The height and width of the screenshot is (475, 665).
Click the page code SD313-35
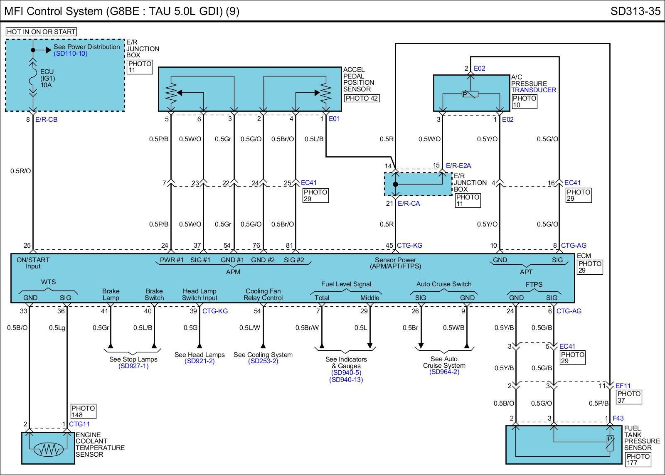635,11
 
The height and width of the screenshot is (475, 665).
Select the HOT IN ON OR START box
41,32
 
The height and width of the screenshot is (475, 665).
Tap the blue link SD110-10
71,54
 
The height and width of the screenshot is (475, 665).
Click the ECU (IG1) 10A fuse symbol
33,79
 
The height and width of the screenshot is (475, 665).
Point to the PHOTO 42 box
362,98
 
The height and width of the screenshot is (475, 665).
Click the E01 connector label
335,119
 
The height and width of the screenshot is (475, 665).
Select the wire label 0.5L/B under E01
314,139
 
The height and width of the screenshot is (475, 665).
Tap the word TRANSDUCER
534,90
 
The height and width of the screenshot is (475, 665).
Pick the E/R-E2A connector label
458,165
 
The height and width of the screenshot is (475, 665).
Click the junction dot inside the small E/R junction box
396,184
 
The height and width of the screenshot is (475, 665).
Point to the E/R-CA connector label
409,203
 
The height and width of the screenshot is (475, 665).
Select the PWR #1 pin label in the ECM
172,260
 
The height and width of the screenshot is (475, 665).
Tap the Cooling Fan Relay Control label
263,294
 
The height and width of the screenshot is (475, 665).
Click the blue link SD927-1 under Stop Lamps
133,366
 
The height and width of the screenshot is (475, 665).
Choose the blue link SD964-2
444,372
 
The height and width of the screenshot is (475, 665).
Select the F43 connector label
618,418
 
